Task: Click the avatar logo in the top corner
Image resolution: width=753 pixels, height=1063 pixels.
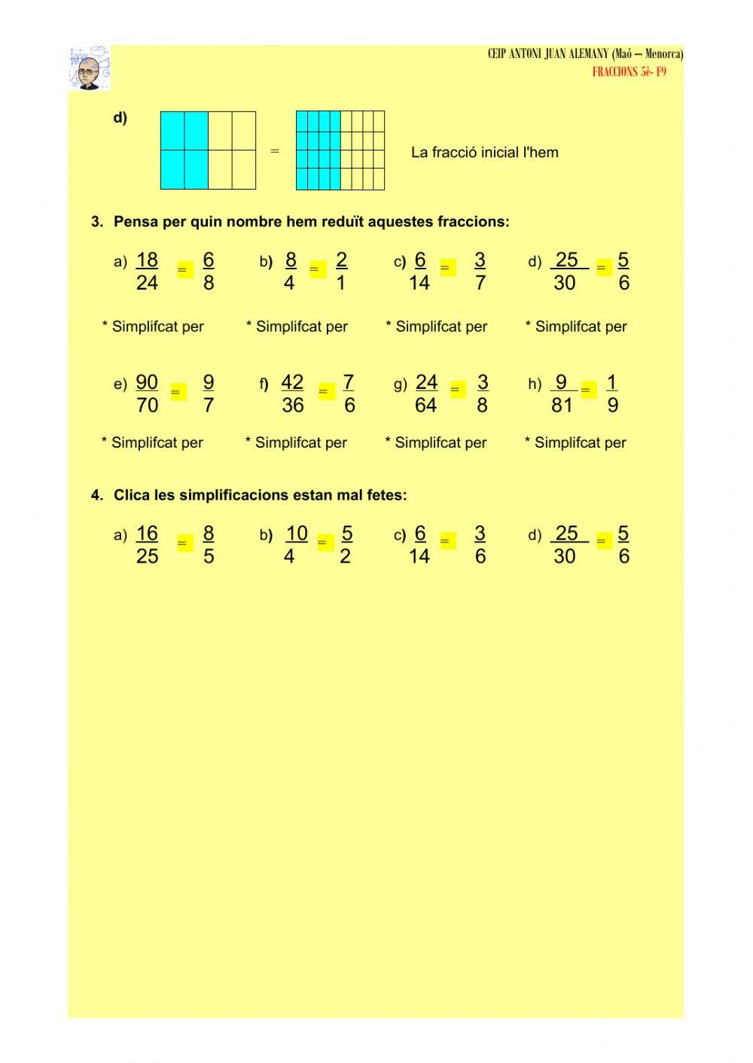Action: [x=90, y=68]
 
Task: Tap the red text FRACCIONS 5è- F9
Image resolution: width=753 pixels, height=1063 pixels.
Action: [x=629, y=72]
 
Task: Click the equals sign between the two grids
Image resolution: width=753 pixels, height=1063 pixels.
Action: [x=275, y=151]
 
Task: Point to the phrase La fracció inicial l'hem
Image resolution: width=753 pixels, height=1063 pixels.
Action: [x=485, y=153]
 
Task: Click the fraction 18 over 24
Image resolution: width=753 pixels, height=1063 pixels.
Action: [x=147, y=272]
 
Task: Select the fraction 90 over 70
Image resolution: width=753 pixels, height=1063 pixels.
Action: [x=147, y=394]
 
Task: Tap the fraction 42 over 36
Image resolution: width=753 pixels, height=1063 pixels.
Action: [x=292, y=394]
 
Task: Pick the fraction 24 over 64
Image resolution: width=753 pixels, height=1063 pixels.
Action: [x=426, y=394]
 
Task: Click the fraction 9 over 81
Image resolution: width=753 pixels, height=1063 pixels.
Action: [x=562, y=394]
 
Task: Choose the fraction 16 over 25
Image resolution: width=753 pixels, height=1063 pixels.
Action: [x=147, y=545]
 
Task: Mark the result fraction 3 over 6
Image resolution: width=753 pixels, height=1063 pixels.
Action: [x=480, y=545]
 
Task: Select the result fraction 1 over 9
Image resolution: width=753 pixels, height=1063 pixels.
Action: [x=612, y=394]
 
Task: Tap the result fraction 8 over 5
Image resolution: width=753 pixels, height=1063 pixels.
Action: [x=209, y=545]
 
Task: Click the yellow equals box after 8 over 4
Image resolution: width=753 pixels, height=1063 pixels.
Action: [x=317, y=269]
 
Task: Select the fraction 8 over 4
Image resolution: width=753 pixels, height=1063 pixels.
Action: [x=290, y=272]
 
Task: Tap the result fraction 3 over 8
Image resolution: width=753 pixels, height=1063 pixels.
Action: [x=482, y=394]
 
